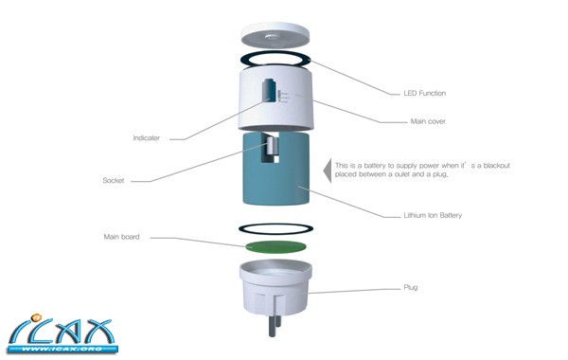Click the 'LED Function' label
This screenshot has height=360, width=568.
coord(424,93)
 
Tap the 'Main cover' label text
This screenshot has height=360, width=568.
coord(428,121)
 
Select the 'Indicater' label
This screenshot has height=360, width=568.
coord(146,137)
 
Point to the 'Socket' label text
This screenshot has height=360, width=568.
coord(113,180)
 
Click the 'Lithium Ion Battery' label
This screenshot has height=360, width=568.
coord(433,215)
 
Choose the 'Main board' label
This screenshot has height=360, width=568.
coord(121,237)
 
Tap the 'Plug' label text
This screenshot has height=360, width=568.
coord(411,287)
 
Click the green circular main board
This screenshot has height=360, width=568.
coord(275,247)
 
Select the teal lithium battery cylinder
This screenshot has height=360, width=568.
coord(276,169)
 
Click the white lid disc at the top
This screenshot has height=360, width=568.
coord(275,36)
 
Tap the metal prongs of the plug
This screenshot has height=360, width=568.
coord(275,325)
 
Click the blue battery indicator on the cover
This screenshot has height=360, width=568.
coord(270,89)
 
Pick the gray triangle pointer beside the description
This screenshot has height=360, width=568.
coord(328,171)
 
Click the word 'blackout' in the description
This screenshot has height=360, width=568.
coord(496,166)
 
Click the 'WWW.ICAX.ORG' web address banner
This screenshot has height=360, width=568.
coord(62,350)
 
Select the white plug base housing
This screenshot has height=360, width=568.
coord(275,289)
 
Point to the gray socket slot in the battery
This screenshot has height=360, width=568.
coord(274,146)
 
